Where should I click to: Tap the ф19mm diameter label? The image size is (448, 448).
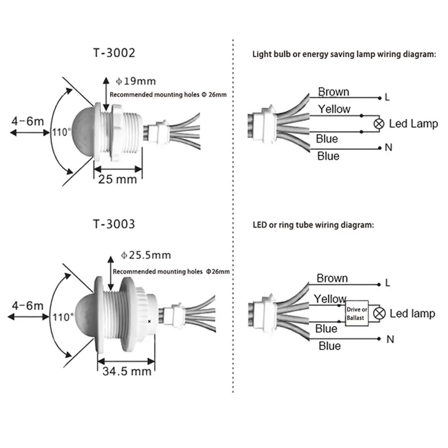[136, 81]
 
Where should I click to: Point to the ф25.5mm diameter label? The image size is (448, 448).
[146, 255]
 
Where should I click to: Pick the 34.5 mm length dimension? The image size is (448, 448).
[126, 371]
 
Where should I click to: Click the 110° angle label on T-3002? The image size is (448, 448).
[62, 132]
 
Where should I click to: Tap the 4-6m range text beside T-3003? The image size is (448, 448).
[28, 306]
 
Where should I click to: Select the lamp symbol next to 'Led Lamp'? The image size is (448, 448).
[379, 124]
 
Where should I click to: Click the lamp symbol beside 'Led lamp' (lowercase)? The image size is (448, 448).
[380, 313]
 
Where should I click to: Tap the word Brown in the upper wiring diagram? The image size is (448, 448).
[333, 92]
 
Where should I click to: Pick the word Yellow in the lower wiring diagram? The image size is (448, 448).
[330, 299]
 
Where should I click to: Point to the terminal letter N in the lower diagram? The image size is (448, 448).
[390, 339]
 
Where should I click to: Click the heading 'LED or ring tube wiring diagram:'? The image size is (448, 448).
[313, 225]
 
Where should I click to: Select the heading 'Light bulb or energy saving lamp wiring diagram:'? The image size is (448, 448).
[344, 55]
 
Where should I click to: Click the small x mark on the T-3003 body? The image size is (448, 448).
[149, 321]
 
